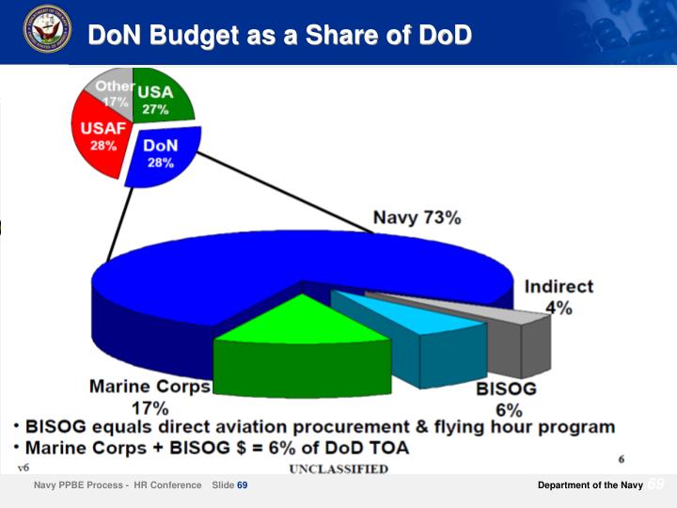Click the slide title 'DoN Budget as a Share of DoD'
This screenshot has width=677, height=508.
pos(279,35)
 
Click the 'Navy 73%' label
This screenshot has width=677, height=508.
pos(417,218)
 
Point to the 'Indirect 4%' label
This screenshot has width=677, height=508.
pos(559,296)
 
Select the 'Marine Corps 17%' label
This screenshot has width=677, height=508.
pos(150,396)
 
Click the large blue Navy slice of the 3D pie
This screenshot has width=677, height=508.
pos(282,268)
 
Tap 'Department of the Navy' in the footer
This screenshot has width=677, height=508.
pos(590,485)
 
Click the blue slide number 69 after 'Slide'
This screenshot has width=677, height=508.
pos(242,485)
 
